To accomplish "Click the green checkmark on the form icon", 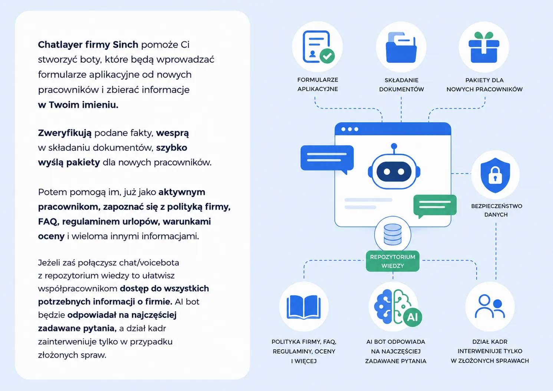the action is (327, 56).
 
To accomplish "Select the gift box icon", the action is (484, 47).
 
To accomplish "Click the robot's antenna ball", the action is (394, 146).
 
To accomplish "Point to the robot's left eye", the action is (387, 172).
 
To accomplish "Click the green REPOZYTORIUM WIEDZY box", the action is (392, 261).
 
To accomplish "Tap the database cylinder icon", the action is (392, 234).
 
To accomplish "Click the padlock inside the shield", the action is (495, 175).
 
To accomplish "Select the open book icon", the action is (304, 307).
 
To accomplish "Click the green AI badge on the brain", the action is (412, 317).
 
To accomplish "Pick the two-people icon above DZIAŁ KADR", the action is (490, 306).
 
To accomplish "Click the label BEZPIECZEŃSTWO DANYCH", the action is (497, 211).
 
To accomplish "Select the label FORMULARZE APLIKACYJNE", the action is (317, 85).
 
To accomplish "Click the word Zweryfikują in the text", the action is (65, 133).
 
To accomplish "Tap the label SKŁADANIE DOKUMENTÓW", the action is (401, 85).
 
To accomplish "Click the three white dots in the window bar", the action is (350, 129).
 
